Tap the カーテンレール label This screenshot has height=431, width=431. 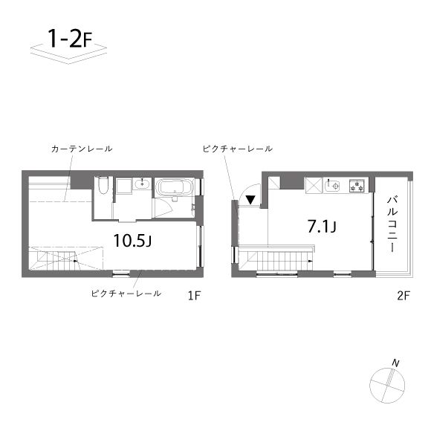click(x=82, y=149)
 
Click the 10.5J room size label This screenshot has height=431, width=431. click(x=132, y=241)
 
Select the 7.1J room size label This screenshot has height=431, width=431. click(x=322, y=227)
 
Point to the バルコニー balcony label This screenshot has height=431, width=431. click(x=392, y=224)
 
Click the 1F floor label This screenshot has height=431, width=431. click(x=195, y=296)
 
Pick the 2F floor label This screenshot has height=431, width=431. click(x=404, y=296)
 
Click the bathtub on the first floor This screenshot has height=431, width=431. click(x=175, y=187)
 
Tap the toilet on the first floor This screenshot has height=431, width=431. click(x=103, y=185)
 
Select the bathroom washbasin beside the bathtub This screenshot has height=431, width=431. click(x=142, y=184)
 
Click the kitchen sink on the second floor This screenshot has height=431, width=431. click(x=332, y=186)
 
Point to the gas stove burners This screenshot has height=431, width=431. click(x=357, y=186)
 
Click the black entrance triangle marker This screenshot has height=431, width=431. click(x=250, y=200)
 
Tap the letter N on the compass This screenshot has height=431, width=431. click(x=395, y=363)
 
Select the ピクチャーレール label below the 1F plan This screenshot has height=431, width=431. click(x=126, y=294)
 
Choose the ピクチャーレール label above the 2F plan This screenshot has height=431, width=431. click(x=238, y=149)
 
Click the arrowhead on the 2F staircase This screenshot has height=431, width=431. click(x=311, y=261)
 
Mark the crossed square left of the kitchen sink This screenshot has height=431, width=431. click(x=314, y=186)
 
